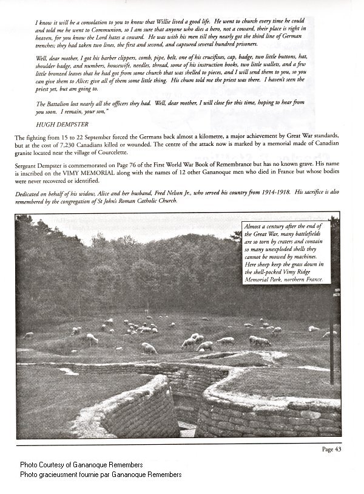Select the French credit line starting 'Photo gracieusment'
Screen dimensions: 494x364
[x=100, y=474]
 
